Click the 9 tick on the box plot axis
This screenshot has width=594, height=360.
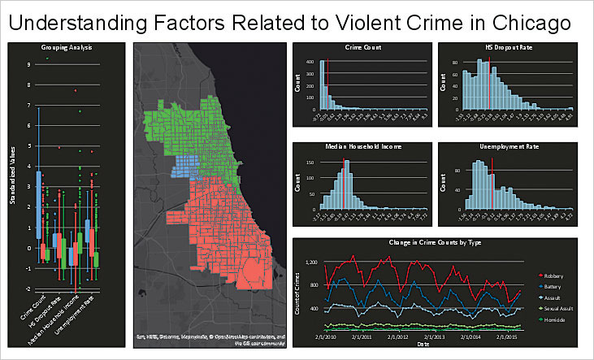(x=29, y=64)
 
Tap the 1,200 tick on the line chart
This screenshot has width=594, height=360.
(x=312, y=262)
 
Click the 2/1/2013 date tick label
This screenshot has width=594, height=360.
(x=432, y=336)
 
